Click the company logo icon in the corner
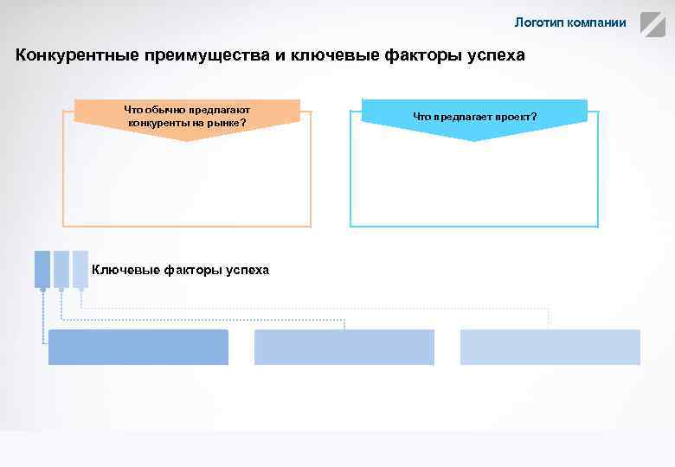[652, 23]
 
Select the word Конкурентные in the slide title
[70, 55]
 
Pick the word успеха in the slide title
[495, 55]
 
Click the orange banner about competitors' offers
[187, 116]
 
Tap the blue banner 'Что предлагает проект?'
[474, 116]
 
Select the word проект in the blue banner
[511, 116]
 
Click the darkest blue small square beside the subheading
[42, 269]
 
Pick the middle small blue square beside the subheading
[61, 269]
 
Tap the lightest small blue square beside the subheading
[80, 269]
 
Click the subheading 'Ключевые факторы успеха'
[180, 270]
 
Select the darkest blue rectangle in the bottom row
[138, 347]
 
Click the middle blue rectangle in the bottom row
[344, 347]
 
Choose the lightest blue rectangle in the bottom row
[550, 347]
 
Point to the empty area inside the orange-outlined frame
[187, 182]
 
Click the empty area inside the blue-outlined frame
[474, 182]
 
